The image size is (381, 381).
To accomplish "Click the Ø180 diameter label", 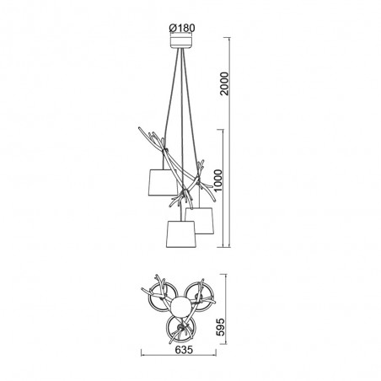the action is pyautogui.click(x=182, y=28).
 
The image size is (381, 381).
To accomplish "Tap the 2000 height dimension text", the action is pyautogui.click(x=225, y=83).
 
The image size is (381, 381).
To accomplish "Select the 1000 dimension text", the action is pyautogui.click(x=217, y=180).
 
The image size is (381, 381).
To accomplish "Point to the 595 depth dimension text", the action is pyautogui.click(x=220, y=327).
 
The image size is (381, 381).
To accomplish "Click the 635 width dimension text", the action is pyautogui.click(x=184, y=350).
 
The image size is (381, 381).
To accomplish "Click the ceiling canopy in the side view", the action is pyautogui.click(x=181, y=41).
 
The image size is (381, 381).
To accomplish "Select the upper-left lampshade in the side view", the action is pyautogui.click(x=163, y=182).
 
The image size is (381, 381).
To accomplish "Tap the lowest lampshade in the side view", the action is pyautogui.click(x=180, y=234).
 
